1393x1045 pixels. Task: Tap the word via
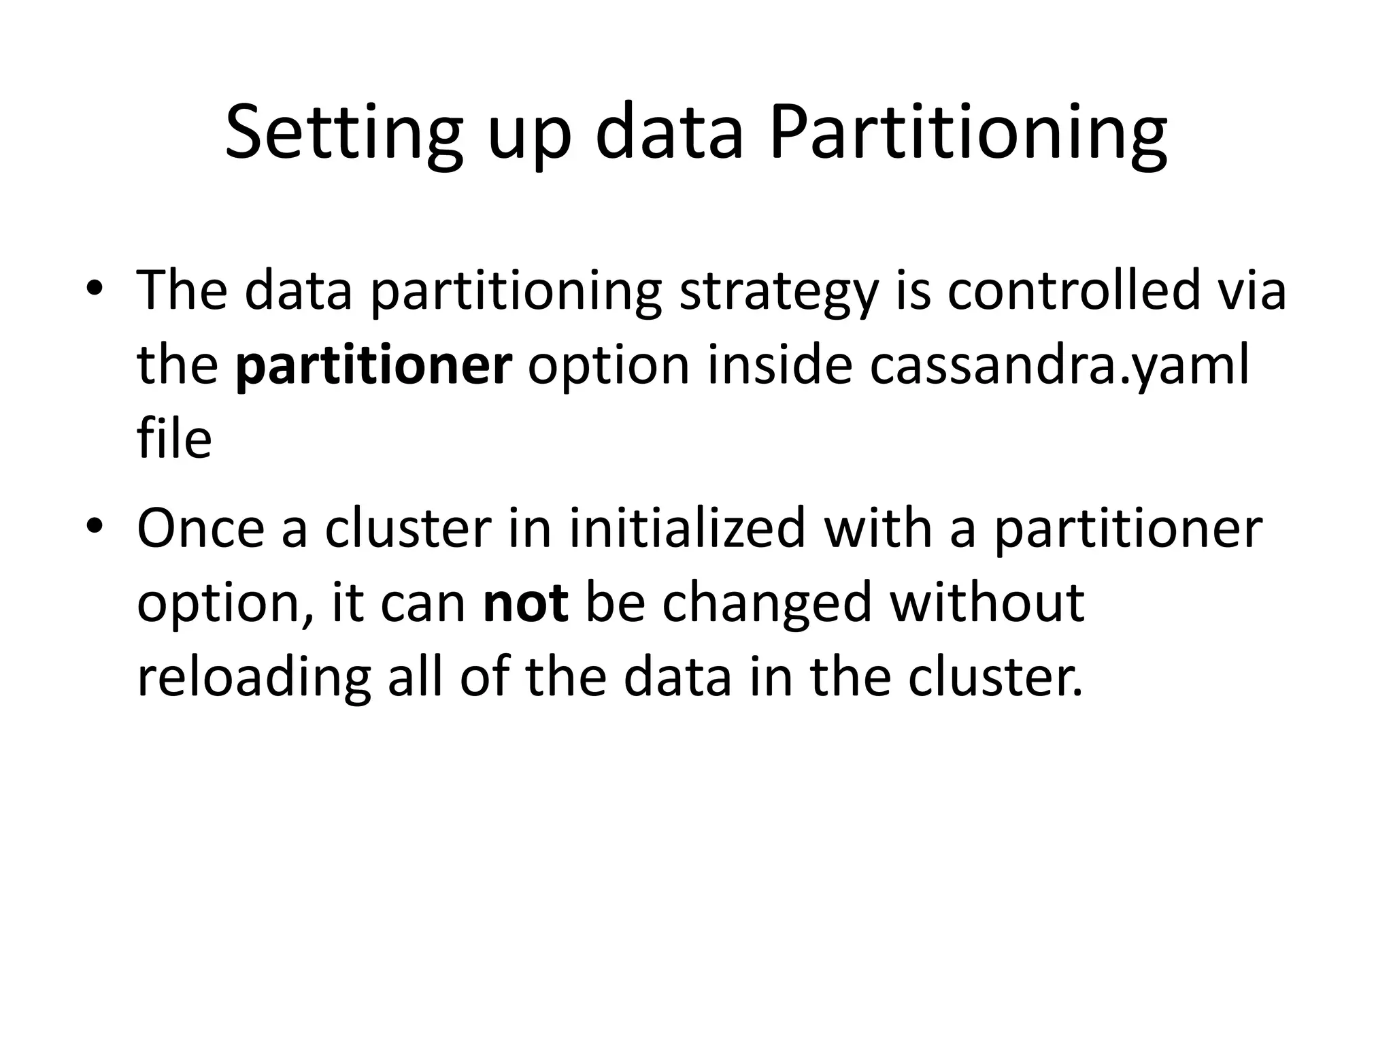point(1252,290)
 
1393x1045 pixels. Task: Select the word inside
point(779,365)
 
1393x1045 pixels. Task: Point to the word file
point(174,439)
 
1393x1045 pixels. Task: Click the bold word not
point(525,604)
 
